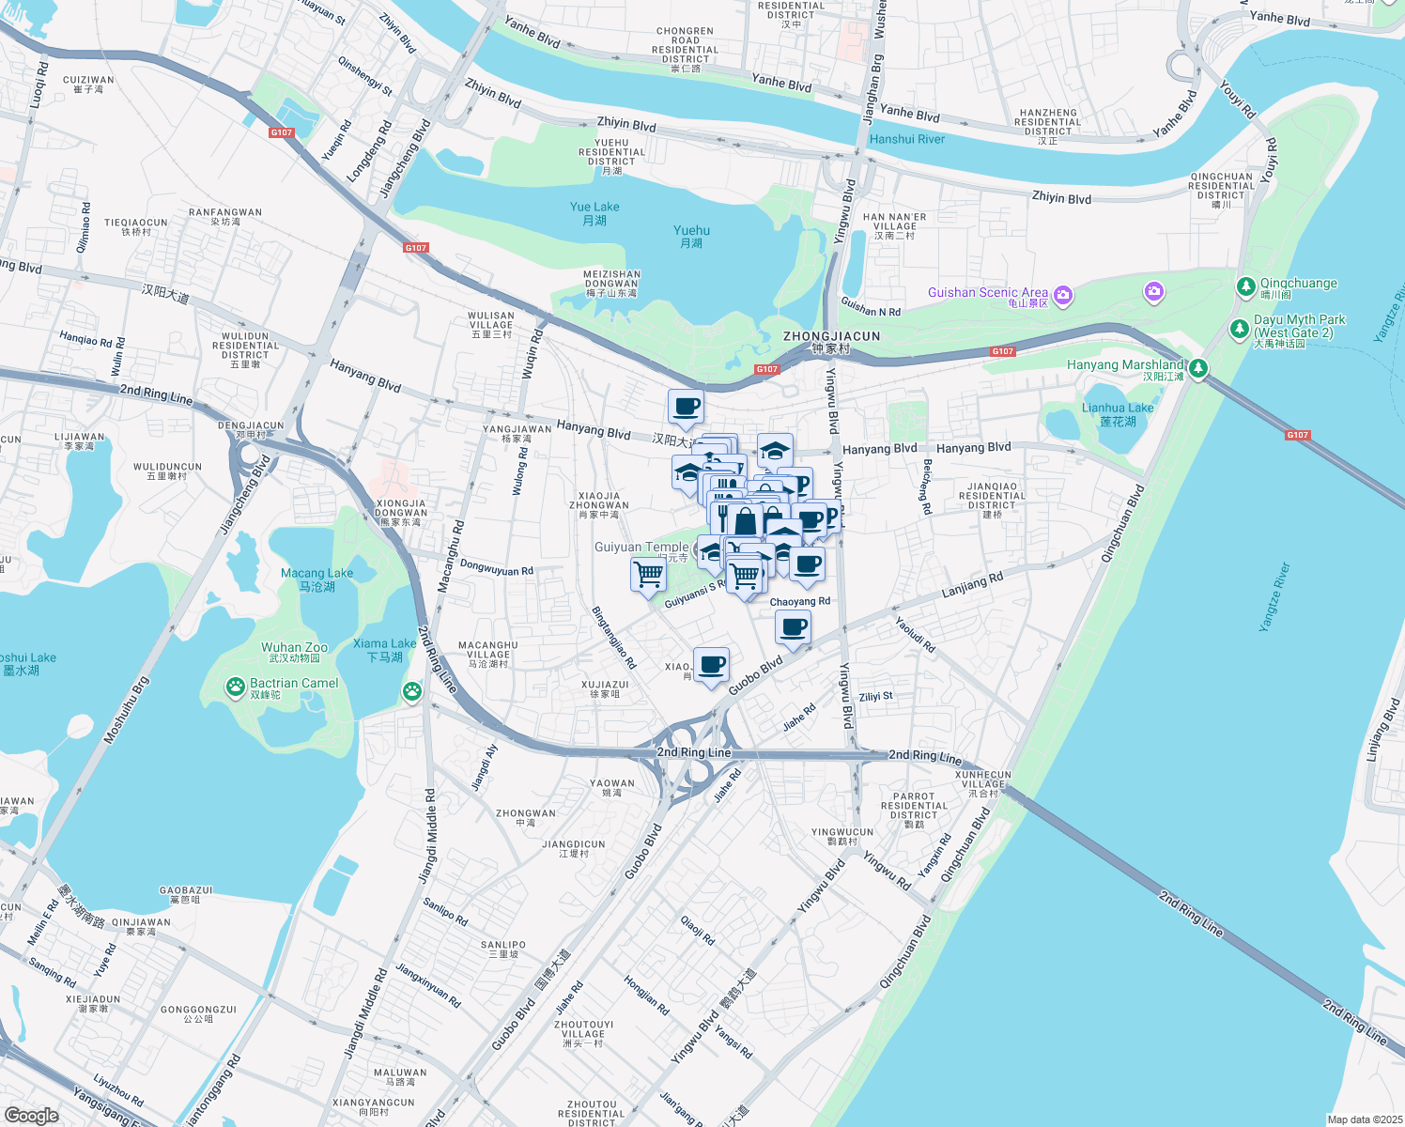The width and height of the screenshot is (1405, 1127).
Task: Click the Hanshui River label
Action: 906,139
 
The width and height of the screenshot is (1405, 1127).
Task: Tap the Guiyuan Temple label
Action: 641,547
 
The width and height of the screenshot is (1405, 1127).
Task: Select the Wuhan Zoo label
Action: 295,647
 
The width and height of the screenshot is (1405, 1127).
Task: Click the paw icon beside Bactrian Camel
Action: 235,687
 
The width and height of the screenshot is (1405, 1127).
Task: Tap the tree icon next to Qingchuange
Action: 1245,286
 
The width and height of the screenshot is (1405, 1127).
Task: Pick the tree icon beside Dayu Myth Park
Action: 1239,329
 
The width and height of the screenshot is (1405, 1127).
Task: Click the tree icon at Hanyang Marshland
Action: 1197,368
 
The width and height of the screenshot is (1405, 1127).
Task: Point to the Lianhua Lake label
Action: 1118,409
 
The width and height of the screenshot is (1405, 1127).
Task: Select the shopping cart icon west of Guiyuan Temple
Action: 648,573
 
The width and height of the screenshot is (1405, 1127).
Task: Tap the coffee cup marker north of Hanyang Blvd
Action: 687,407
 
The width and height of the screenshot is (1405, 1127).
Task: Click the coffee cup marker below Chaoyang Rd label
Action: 794,626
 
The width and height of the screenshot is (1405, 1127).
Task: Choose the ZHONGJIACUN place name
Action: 831,336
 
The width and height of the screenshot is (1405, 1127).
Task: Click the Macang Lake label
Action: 317,574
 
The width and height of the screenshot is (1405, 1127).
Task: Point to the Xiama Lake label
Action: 385,644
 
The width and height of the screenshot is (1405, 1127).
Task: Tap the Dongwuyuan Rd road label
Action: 497,568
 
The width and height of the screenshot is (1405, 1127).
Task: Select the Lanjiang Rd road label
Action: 972,585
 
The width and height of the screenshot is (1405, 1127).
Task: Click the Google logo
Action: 32,1116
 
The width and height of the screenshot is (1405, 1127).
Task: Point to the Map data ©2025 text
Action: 1364,1119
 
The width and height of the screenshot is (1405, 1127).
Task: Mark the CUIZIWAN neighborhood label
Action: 88,81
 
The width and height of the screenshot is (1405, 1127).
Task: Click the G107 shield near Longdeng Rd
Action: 282,132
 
